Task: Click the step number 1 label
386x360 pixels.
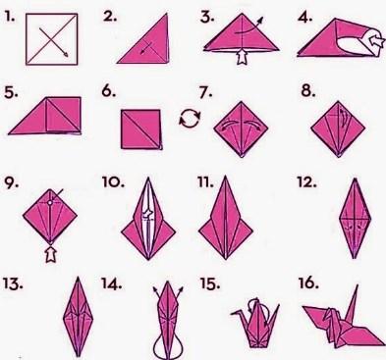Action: [x=10, y=17]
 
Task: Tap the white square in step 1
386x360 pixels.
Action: [x=52, y=39]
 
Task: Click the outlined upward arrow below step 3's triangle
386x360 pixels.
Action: [x=242, y=56]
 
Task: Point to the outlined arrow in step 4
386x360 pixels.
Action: [x=376, y=40]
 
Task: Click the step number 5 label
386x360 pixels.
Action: [x=11, y=93]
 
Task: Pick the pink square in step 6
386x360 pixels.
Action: [x=141, y=129]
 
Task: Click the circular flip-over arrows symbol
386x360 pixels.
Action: [x=190, y=118]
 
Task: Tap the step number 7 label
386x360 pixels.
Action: [x=205, y=93]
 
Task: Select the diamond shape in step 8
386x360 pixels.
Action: [x=338, y=129]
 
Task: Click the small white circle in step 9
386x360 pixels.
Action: [x=50, y=203]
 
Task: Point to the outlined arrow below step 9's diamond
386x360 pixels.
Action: [x=50, y=254]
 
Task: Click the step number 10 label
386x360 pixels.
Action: [x=113, y=182]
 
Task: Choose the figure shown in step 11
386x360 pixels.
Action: [x=226, y=218]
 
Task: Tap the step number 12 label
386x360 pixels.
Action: [x=306, y=182]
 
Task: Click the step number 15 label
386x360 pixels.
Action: [x=210, y=284]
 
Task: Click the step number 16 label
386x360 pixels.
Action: [x=308, y=283]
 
